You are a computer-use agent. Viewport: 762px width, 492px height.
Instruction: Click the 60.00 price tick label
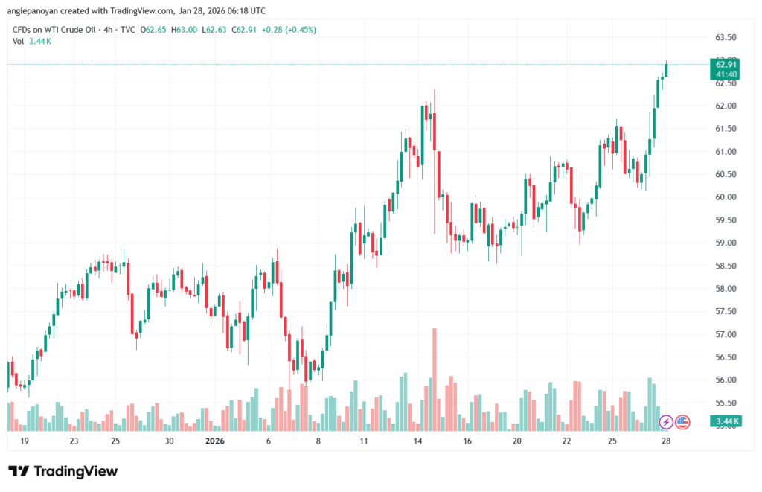(725, 197)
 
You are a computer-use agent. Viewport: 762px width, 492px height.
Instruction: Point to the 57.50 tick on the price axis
(725, 311)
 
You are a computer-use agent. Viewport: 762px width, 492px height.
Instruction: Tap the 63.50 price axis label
(725, 37)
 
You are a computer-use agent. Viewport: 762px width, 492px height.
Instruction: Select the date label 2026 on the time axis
(214, 441)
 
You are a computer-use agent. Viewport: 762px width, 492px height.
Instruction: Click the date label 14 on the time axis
(418, 441)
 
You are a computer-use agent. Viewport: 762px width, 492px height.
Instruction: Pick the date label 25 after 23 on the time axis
(115, 441)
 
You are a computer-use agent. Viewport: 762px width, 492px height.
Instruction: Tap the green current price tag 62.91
(726, 65)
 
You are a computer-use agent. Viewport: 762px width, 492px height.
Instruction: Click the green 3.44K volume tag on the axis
(726, 422)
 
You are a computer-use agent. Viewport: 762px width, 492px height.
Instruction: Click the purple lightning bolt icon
(667, 422)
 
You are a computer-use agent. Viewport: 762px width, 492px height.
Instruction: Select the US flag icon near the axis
(682, 422)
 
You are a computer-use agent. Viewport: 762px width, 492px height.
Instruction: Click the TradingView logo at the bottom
(63, 471)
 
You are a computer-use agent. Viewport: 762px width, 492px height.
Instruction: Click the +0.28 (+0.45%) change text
(288, 30)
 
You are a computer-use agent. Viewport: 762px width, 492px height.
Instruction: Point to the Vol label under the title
(19, 41)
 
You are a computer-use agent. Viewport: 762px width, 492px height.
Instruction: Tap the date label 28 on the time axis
(666, 441)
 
